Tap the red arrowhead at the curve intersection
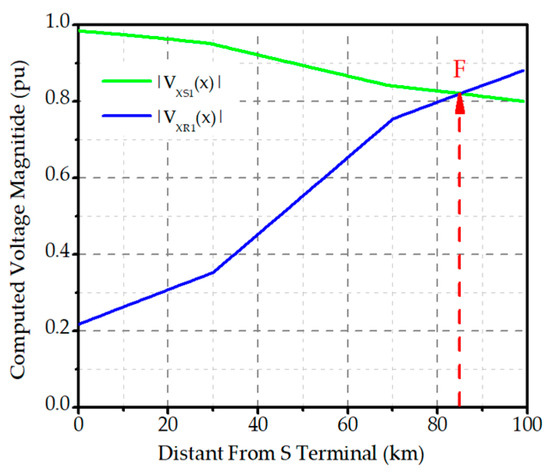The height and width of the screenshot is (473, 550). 460,101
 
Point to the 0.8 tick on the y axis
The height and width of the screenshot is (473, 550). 58,100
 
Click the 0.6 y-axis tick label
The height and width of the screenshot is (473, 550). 58,177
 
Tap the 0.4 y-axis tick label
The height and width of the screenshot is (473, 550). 58,253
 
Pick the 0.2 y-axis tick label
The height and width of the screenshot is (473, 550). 58,330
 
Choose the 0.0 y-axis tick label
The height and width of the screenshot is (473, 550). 58,406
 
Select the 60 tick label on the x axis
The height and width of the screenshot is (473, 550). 347,423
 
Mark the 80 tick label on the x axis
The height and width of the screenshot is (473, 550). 437,423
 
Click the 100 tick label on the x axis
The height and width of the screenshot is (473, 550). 524,423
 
